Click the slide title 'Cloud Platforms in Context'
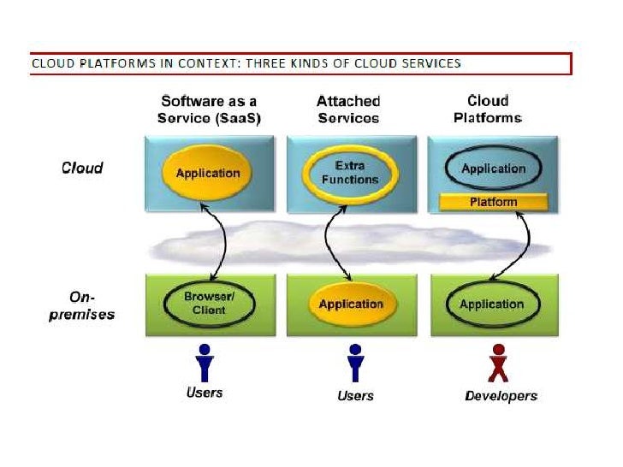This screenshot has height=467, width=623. click(246, 63)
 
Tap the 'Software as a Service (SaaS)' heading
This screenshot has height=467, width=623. click(208, 109)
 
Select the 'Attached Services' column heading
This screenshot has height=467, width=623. click(348, 109)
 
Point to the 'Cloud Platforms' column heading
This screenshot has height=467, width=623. click(488, 109)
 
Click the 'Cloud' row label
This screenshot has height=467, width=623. click(82, 168)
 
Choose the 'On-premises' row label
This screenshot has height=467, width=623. click(92, 305)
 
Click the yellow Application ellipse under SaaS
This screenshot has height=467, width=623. click(208, 174)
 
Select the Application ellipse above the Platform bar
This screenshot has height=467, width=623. click(492, 168)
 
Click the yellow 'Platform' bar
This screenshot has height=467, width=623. click(494, 202)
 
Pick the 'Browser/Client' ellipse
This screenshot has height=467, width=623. click(209, 304)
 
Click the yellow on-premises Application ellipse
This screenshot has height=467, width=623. click(351, 304)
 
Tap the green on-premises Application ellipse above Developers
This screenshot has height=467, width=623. click(491, 304)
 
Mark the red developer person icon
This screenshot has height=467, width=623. click(499, 364)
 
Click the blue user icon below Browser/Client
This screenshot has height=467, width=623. click(204, 363)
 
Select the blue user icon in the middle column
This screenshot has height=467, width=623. click(355, 363)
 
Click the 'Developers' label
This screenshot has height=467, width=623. click(501, 396)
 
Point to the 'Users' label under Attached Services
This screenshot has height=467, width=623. click(355, 395)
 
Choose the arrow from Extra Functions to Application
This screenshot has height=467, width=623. click(336, 239)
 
